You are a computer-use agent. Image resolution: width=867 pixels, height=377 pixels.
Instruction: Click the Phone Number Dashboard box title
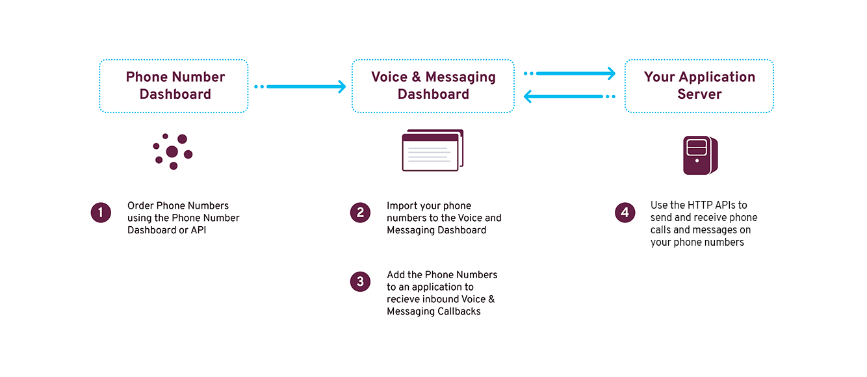pyautogui.click(x=175, y=86)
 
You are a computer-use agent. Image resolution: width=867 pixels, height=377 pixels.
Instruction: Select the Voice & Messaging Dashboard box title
pyautogui.click(x=433, y=86)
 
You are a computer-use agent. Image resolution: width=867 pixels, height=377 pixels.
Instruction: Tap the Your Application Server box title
pyautogui.click(x=699, y=86)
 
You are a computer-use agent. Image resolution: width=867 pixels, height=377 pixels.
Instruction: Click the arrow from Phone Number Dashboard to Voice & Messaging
pyautogui.click(x=300, y=86)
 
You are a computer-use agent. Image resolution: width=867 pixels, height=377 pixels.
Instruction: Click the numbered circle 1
pyautogui.click(x=101, y=213)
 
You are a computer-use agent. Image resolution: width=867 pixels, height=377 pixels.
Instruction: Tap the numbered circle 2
pyautogui.click(x=360, y=213)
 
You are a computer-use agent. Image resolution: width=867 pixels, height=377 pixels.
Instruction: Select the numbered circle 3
pyautogui.click(x=360, y=281)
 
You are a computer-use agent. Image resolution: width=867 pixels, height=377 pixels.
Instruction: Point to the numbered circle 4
pyautogui.click(x=625, y=212)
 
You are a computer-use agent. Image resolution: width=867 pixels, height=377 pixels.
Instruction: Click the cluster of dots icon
pyautogui.click(x=173, y=151)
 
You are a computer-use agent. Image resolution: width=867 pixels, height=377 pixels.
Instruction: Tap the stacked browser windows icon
pyautogui.click(x=433, y=150)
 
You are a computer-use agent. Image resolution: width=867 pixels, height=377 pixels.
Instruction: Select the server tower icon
pyautogui.click(x=701, y=155)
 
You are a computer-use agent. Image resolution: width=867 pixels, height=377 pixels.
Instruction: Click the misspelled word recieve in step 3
pyautogui.click(x=403, y=299)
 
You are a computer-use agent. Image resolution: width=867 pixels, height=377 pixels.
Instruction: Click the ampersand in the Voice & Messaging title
pyautogui.click(x=417, y=77)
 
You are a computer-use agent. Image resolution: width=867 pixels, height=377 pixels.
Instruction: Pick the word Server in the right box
pyautogui.click(x=699, y=94)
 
